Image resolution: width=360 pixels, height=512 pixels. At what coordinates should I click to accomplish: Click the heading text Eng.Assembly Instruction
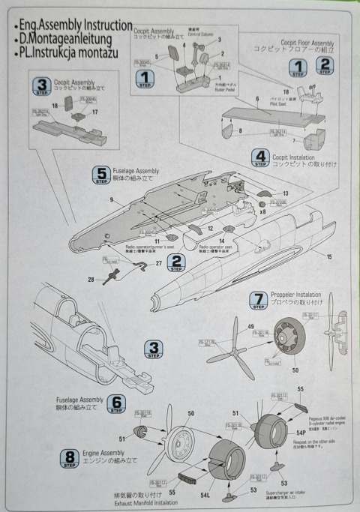tap(72, 25)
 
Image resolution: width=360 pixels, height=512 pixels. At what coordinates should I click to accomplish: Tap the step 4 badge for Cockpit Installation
tap(260, 158)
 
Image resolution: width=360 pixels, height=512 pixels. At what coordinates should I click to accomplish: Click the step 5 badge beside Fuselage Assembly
tap(101, 175)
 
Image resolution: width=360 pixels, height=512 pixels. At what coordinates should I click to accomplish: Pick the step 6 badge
tap(116, 404)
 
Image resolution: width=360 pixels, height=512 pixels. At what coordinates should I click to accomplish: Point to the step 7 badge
tap(258, 301)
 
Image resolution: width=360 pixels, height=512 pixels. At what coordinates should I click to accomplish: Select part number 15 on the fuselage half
tap(327, 257)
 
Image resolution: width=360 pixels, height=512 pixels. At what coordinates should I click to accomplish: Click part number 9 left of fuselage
tap(111, 200)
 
